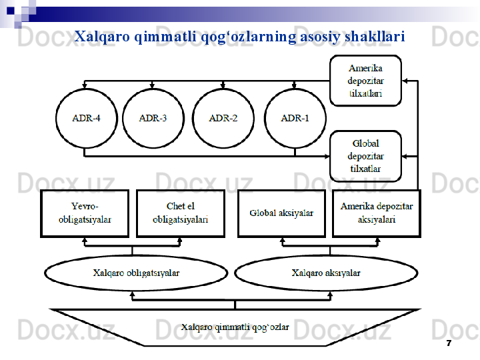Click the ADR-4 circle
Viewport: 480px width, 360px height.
point(86,119)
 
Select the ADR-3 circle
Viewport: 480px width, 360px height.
point(153,119)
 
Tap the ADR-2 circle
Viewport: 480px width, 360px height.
point(223,119)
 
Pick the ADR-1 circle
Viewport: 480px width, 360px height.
point(295,119)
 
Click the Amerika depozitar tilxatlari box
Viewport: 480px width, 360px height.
point(365,81)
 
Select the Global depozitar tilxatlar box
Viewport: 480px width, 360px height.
point(365,156)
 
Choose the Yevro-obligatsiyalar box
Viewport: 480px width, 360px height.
point(85,213)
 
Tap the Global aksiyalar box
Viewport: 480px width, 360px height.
point(281,213)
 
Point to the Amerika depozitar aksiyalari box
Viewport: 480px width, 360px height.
point(376,213)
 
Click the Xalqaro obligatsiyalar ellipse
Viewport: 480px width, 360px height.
point(136,273)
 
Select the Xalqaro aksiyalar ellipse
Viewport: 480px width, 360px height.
point(326,273)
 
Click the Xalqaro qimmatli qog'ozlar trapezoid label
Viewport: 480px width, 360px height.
point(235,327)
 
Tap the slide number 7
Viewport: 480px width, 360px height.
point(448,343)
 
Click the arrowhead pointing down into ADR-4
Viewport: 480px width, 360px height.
point(85,87)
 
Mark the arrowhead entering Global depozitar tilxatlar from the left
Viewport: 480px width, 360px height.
point(327,156)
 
